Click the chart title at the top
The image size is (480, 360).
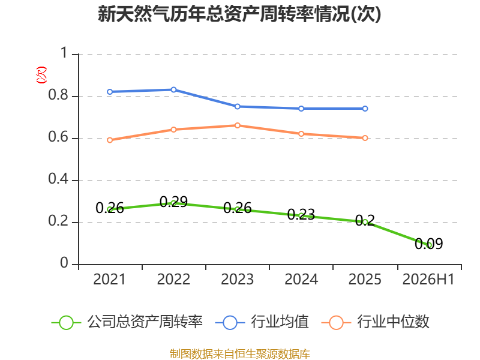(x=239, y=14)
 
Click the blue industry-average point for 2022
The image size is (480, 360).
(x=173, y=89)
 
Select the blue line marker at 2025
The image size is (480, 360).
(x=365, y=109)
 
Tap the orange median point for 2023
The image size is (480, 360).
(x=237, y=125)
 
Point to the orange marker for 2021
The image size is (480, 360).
(x=110, y=140)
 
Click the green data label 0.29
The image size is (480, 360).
(x=173, y=202)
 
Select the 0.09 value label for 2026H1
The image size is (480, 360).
(x=428, y=244)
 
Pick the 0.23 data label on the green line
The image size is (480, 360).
(x=301, y=214)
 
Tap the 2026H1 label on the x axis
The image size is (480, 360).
(x=428, y=279)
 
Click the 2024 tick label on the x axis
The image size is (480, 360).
(x=301, y=279)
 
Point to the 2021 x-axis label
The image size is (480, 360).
(x=110, y=279)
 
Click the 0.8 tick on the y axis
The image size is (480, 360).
(x=58, y=95)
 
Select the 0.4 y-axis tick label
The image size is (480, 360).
(x=58, y=179)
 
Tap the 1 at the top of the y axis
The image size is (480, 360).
(x=64, y=53)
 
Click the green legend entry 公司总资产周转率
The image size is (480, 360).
(x=127, y=322)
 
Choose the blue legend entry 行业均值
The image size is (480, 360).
(x=262, y=322)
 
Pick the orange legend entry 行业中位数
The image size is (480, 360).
(x=376, y=322)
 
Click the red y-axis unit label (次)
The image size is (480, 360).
(x=41, y=75)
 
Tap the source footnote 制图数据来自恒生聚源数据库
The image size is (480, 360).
(x=240, y=354)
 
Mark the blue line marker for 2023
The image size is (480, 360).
(x=237, y=107)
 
